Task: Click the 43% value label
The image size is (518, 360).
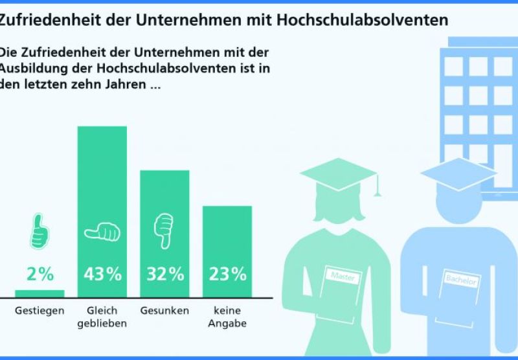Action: [x=102, y=274]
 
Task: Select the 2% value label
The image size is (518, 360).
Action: [x=40, y=274]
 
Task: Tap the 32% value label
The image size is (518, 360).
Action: [x=164, y=274]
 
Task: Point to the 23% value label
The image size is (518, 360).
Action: [x=227, y=274]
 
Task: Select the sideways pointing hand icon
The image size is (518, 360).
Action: [x=102, y=232]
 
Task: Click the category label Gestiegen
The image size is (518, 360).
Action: [x=40, y=311]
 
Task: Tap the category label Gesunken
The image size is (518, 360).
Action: [x=164, y=311]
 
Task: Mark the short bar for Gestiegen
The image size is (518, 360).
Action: [x=40, y=293]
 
